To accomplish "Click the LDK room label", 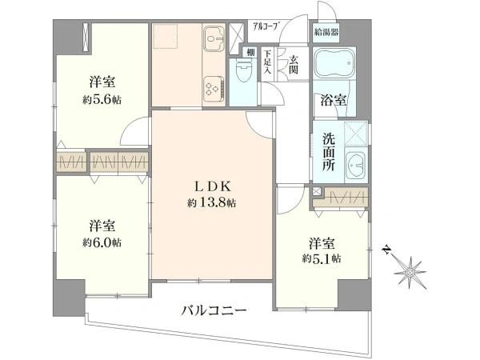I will (x=211, y=186).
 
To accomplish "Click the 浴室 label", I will (x=334, y=101).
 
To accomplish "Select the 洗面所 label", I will (x=329, y=147).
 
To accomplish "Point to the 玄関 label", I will (x=294, y=62).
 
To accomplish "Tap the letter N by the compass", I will (x=386, y=250).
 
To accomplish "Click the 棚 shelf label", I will (x=250, y=54).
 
